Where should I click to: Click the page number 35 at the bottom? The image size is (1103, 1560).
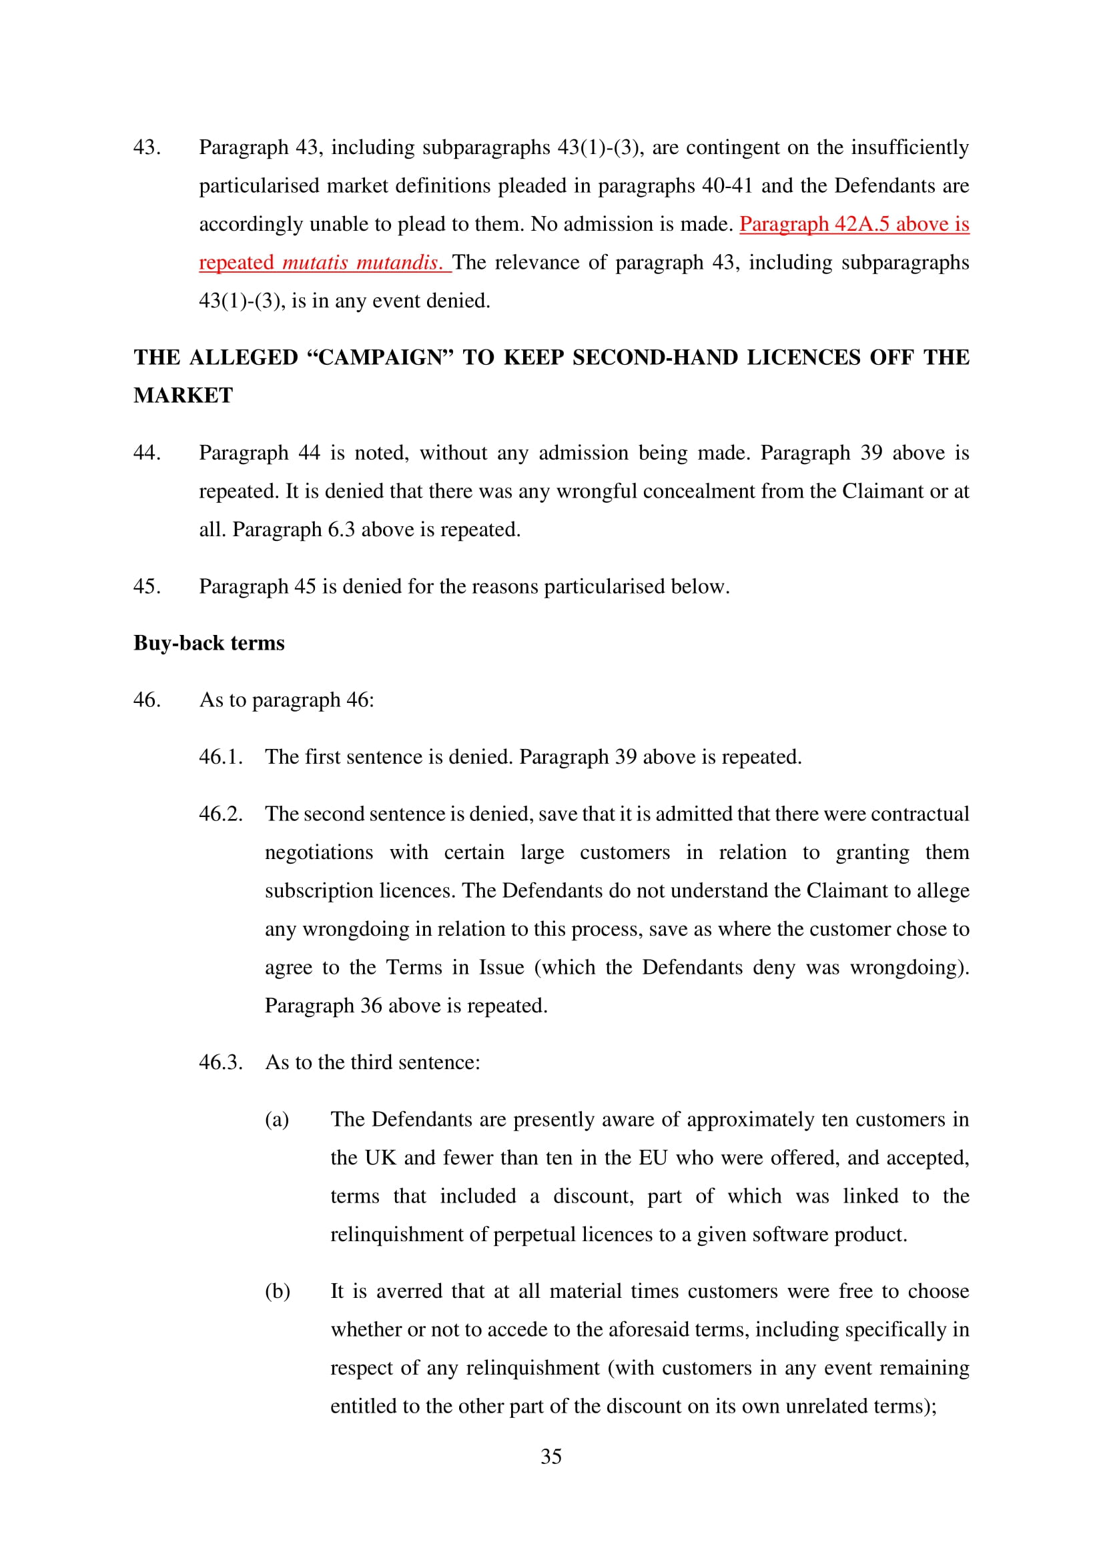click(x=550, y=1456)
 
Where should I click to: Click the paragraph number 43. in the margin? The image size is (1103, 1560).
click(x=147, y=147)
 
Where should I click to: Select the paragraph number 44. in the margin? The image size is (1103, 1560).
click(x=147, y=452)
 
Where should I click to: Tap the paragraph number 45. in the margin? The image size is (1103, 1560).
click(x=147, y=586)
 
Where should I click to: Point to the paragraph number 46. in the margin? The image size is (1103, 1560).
click(x=147, y=700)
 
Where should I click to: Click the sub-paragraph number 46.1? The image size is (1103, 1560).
click(x=220, y=757)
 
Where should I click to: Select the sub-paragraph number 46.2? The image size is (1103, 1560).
click(x=220, y=814)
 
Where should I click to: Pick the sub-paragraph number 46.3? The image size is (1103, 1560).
click(x=220, y=1062)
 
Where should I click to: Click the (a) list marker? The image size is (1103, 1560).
click(x=277, y=1119)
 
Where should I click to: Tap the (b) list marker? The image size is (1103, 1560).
click(x=278, y=1291)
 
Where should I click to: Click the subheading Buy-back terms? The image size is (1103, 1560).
click(x=209, y=643)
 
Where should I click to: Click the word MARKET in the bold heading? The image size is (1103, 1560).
click(x=183, y=396)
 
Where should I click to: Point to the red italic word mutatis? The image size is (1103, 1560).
click(x=315, y=262)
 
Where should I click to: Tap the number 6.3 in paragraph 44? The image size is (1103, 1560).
click(x=341, y=530)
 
